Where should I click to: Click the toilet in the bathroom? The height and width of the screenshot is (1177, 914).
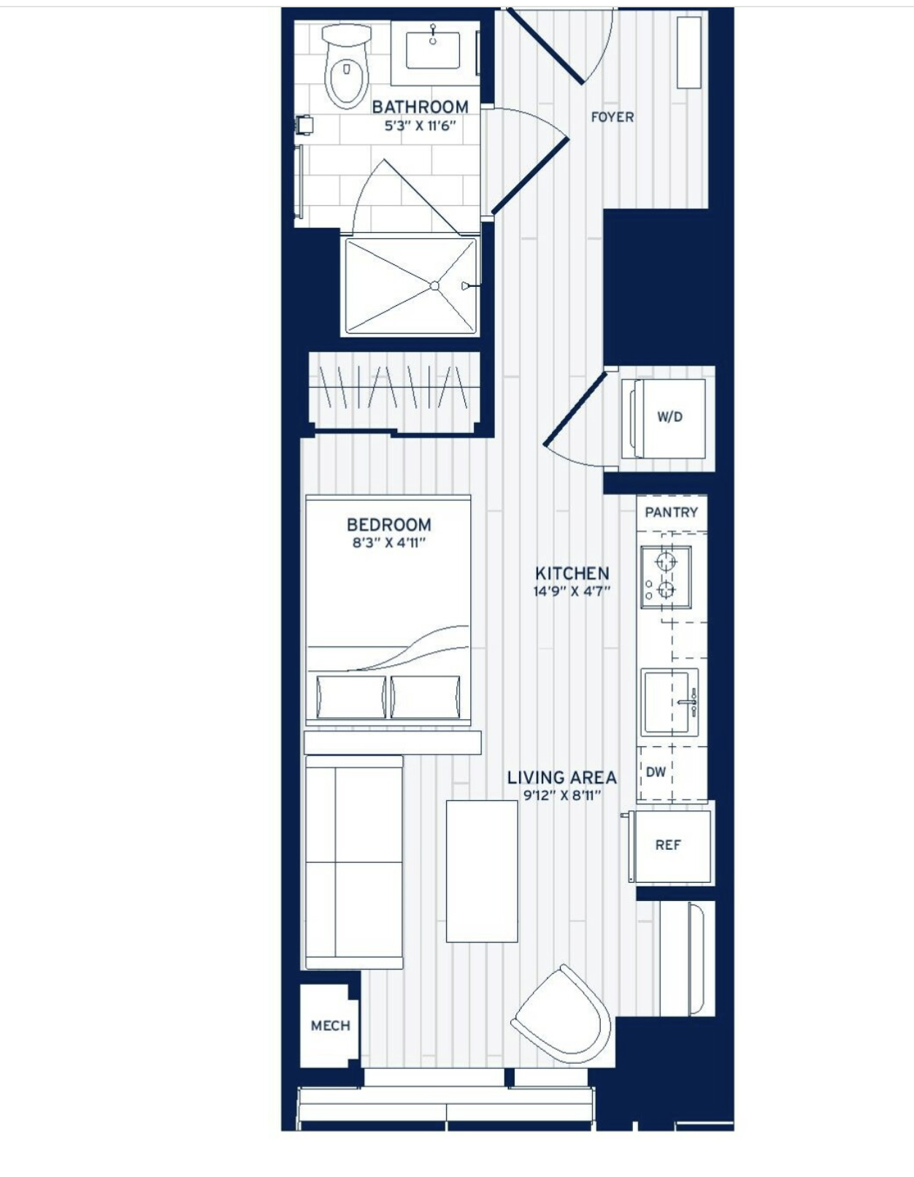coord(346,69)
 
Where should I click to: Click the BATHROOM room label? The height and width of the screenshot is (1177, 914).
coord(420,107)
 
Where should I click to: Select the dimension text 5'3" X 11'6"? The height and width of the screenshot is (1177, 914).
coord(420,126)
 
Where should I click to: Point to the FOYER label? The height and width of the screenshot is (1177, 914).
coord(612,117)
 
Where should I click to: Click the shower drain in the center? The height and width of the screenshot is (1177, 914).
coord(434,285)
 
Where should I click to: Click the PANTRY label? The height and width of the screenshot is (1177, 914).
coord(671,513)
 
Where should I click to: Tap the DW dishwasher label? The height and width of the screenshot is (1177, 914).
coord(656,772)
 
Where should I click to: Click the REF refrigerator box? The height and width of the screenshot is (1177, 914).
coord(668,845)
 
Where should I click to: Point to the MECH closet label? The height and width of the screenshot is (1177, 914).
coord(330,1026)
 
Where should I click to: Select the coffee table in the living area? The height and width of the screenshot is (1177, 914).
coord(482,871)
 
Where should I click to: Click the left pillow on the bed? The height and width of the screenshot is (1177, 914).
coord(350,697)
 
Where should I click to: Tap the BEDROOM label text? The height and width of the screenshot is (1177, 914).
coord(388,524)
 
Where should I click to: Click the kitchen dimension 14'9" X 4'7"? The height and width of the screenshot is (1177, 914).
coord(572,591)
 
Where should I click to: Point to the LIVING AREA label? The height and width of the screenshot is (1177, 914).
coord(561,778)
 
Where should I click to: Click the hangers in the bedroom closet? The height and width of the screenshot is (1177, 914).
coord(394,387)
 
